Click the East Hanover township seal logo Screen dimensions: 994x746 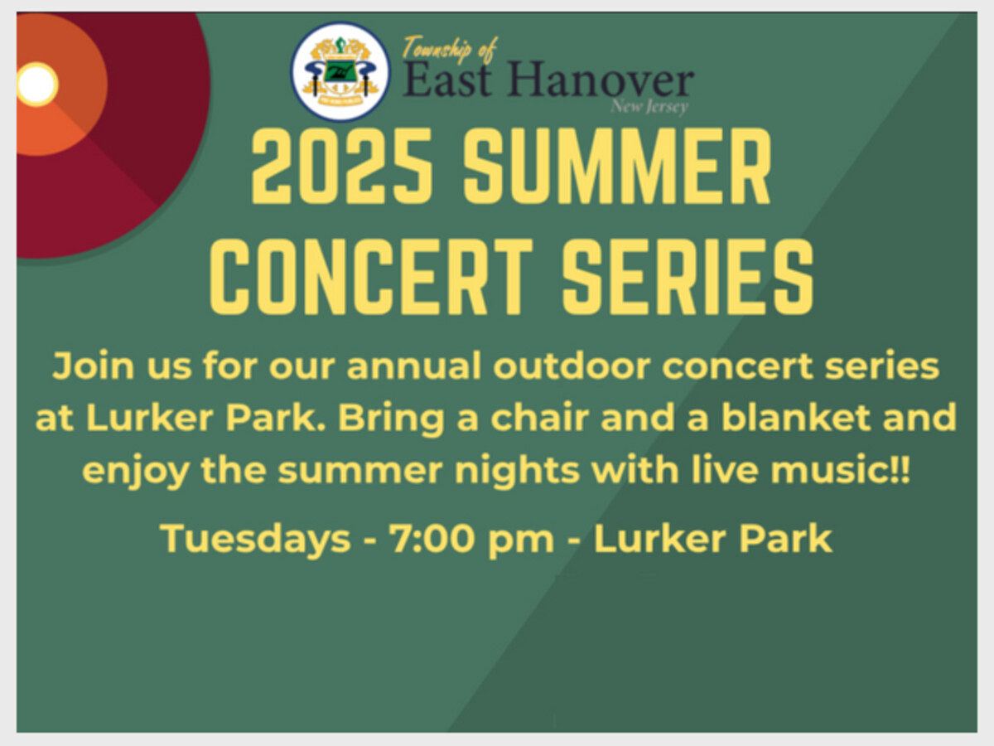(x=340, y=71)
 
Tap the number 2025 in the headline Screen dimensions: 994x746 (x=342, y=166)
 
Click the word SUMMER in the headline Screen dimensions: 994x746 (x=617, y=166)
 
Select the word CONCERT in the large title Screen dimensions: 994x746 (x=371, y=276)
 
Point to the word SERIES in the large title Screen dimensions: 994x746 (x=688, y=276)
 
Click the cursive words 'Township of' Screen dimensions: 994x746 (x=450, y=49)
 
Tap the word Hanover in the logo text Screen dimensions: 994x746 (x=601, y=80)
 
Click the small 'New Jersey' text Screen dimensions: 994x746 (x=649, y=106)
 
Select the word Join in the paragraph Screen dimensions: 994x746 (x=94, y=366)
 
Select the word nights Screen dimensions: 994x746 (x=517, y=472)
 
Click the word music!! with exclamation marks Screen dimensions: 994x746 (x=841, y=470)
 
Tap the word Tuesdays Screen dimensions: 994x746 (x=256, y=540)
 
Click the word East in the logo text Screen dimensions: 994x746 (x=446, y=80)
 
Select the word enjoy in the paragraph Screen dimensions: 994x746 (x=136, y=472)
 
